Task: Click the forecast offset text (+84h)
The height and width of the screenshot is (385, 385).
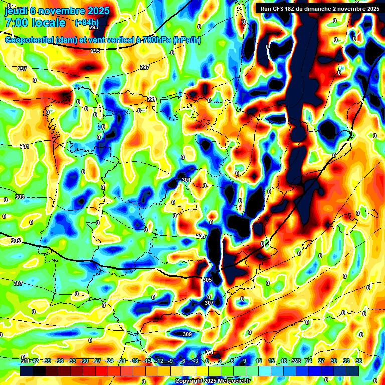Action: tap(86, 23)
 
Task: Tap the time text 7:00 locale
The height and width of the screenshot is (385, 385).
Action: tap(35, 23)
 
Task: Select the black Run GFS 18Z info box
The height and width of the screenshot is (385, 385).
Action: tap(318, 8)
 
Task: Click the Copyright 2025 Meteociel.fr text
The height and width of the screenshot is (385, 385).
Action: tap(213, 381)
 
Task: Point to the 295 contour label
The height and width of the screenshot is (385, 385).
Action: tap(95, 51)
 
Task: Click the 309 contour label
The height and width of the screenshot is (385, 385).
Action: tap(187, 334)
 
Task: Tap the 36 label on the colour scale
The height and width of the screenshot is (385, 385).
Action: tap(359, 361)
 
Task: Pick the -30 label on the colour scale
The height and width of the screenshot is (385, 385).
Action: tap(85, 361)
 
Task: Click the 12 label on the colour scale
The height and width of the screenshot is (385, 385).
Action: tap(258, 361)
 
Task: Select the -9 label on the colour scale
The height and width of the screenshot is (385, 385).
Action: tap(170, 361)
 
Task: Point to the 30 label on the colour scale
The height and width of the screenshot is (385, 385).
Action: tap(334, 361)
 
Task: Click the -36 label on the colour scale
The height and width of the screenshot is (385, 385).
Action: tap(60, 361)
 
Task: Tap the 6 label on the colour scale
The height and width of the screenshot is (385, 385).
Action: tap(233, 361)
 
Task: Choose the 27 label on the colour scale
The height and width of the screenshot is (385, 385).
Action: tap(321, 361)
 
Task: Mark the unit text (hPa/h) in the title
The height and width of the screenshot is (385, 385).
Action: tap(186, 40)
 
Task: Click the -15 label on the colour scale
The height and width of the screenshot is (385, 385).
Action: tap(147, 361)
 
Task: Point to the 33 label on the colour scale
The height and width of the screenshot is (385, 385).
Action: tap(346, 361)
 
